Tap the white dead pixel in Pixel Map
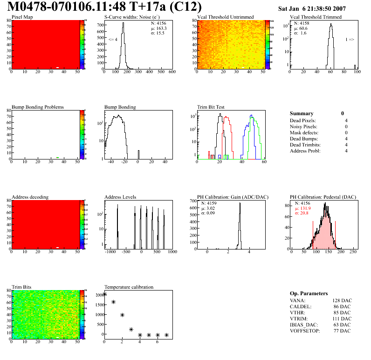57,68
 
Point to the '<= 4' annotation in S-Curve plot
112,40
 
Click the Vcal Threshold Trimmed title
316,17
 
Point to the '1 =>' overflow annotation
350,40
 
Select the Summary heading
302,113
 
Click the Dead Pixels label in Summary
303,121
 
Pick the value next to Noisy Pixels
346,127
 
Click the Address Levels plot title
120,197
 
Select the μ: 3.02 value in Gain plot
209,208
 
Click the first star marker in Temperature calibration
104,294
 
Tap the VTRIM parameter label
299,318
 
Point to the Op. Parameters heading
309,294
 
